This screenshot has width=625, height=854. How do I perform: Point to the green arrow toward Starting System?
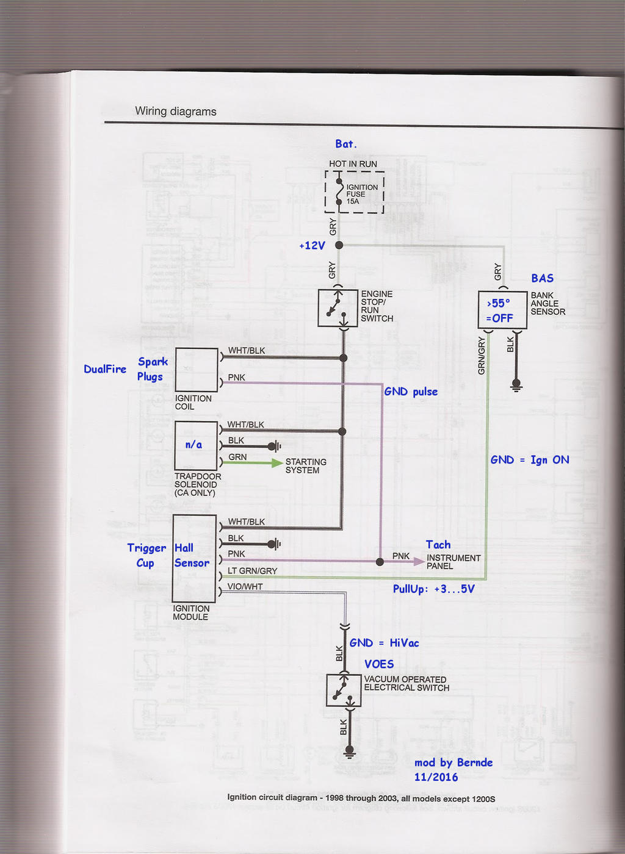[x=252, y=463]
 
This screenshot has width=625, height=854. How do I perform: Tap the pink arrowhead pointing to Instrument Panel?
[x=419, y=561]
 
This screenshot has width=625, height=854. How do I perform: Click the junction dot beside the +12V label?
[x=339, y=245]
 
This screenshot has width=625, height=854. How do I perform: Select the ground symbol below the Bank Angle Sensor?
[x=516, y=386]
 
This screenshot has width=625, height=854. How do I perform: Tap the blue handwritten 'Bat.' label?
[x=346, y=144]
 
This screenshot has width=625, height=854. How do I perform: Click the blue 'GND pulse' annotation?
[x=411, y=392]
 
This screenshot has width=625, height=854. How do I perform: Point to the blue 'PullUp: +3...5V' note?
[x=434, y=589]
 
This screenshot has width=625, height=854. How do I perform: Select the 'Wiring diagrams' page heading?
[x=176, y=111]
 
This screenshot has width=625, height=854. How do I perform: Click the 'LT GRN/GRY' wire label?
[x=252, y=571]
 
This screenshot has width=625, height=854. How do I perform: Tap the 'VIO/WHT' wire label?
[x=245, y=587]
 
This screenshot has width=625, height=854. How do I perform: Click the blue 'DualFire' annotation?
[x=105, y=369]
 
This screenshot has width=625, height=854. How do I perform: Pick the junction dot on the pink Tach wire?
[x=380, y=562]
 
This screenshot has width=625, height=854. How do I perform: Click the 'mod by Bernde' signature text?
[x=453, y=762]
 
